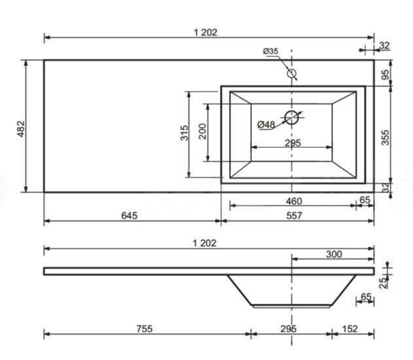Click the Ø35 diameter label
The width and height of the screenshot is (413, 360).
pyautogui.click(x=270, y=51)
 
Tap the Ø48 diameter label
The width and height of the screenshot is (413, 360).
pyautogui.click(x=266, y=124)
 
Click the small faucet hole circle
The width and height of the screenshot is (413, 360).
pyautogui.click(x=291, y=73)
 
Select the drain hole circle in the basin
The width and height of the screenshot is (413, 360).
pyautogui.click(x=291, y=117)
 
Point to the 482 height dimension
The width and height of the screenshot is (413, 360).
pyautogui.click(x=21, y=129)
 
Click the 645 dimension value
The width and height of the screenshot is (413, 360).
pyautogui.click(x=129, y=216)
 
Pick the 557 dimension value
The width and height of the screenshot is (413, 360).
pyautogui.click(x=294, y=216)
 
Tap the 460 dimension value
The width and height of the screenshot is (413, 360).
pyautogui.click(x=294, y=202)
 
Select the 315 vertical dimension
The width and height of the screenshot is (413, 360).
pyautogui.click(x=185, y=133)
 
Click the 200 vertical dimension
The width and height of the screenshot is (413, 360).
pyautogui.click(x=203, y=131)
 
